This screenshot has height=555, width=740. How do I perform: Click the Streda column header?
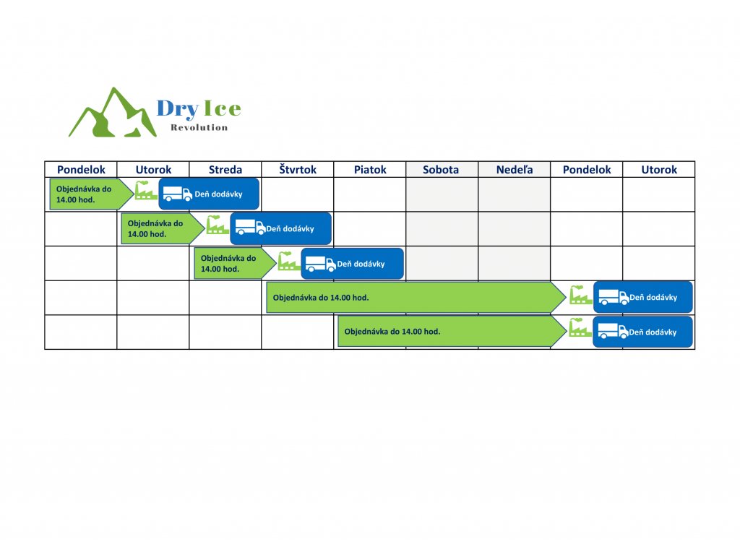click(x=225, y=169)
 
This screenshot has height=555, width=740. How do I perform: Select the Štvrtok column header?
click(x=297, y=169)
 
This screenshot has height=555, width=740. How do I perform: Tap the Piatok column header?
click(x=370, y=169)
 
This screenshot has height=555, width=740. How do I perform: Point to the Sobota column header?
click(x=441, y=169)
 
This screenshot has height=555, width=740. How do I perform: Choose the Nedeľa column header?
click(x=514, y=169)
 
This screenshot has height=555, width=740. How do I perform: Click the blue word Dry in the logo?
click(x=178, y=108)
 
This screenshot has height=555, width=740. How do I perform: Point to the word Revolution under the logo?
click(x=199, y=127)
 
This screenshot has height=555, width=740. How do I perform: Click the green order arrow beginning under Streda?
click(x=235, y=263)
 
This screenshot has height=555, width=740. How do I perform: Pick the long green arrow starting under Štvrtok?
click(x=416, y=297)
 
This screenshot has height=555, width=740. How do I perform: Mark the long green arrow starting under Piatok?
click(x=452, y=331)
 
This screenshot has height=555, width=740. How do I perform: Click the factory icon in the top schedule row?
click(x=146, y=191)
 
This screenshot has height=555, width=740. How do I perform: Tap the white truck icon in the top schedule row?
click(x=178, y=194)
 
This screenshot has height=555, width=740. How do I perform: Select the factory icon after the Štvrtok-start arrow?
click(x=580, y=295)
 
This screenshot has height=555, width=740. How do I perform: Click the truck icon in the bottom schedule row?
click(x=613, y=331)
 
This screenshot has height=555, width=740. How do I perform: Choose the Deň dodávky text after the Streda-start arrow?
click(x=361, y=264)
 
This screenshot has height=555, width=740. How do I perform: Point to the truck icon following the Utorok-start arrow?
click(x=250, y=228)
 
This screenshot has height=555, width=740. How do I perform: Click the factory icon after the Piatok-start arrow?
click(x=580, y=327)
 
